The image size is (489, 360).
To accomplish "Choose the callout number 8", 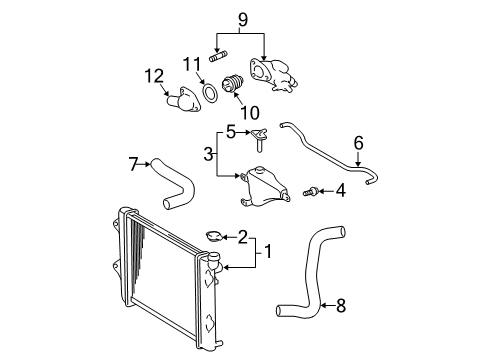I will tap(340, 307).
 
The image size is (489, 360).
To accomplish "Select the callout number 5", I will tap(229, 130).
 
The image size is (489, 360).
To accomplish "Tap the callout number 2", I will tap(243, 237).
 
